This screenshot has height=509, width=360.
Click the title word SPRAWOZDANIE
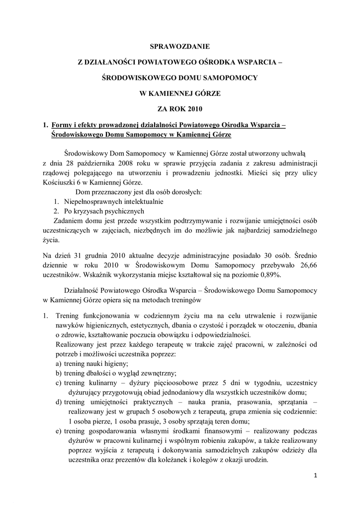[180, 47]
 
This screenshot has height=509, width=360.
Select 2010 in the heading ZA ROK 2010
[194, 108]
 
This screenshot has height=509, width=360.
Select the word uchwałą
[297, 153]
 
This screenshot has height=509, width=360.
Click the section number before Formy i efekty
[45, 125]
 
